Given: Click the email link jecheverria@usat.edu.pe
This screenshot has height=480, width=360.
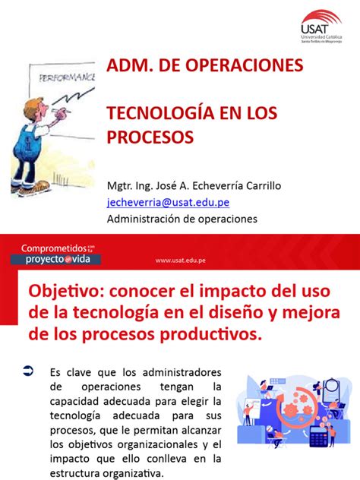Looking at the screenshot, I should click(168, 201).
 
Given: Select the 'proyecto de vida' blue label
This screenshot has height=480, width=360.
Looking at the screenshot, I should click(57, 259).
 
